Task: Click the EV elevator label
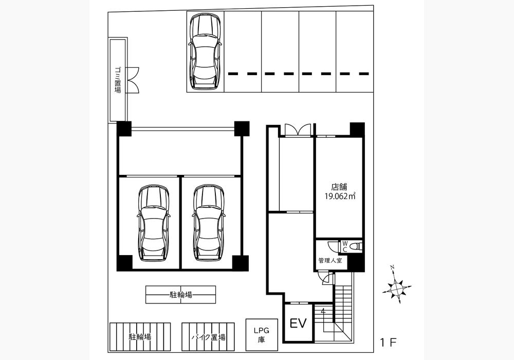pyautogui.click(x=298, y=323)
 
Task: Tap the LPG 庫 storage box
pyautogui.click(x=262, y=335)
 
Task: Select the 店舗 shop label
pyautogui.click(x=339, y=187)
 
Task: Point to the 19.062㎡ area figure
pyautogui.click(x=340, y=197)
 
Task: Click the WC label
pyautogui.click(x=345, y=246)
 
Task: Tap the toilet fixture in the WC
pyautogui.click(x=355, y=246)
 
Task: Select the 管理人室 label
pyautogui.click(x=330, y=261)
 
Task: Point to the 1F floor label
pyautogui.click(x=389, y=343)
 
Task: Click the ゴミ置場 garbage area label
pyautogui.click(x=118, y=80)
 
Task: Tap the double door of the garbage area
pyautogui.click(x=133, y=80)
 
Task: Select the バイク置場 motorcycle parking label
pyautogui.click(x=208, y=337)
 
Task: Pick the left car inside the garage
pyautogui.click(x=153, y=223)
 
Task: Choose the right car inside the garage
pyautogui.click(x=209, y=223)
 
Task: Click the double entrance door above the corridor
pyautogui.click(x=297, y=130)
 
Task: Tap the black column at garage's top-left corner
pyautogui.click(x=124, y=129)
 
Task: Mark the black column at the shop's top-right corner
pyautogui.click(x=357, y=130)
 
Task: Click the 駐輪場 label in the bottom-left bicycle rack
pyautogui.click(x=140, y=337)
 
